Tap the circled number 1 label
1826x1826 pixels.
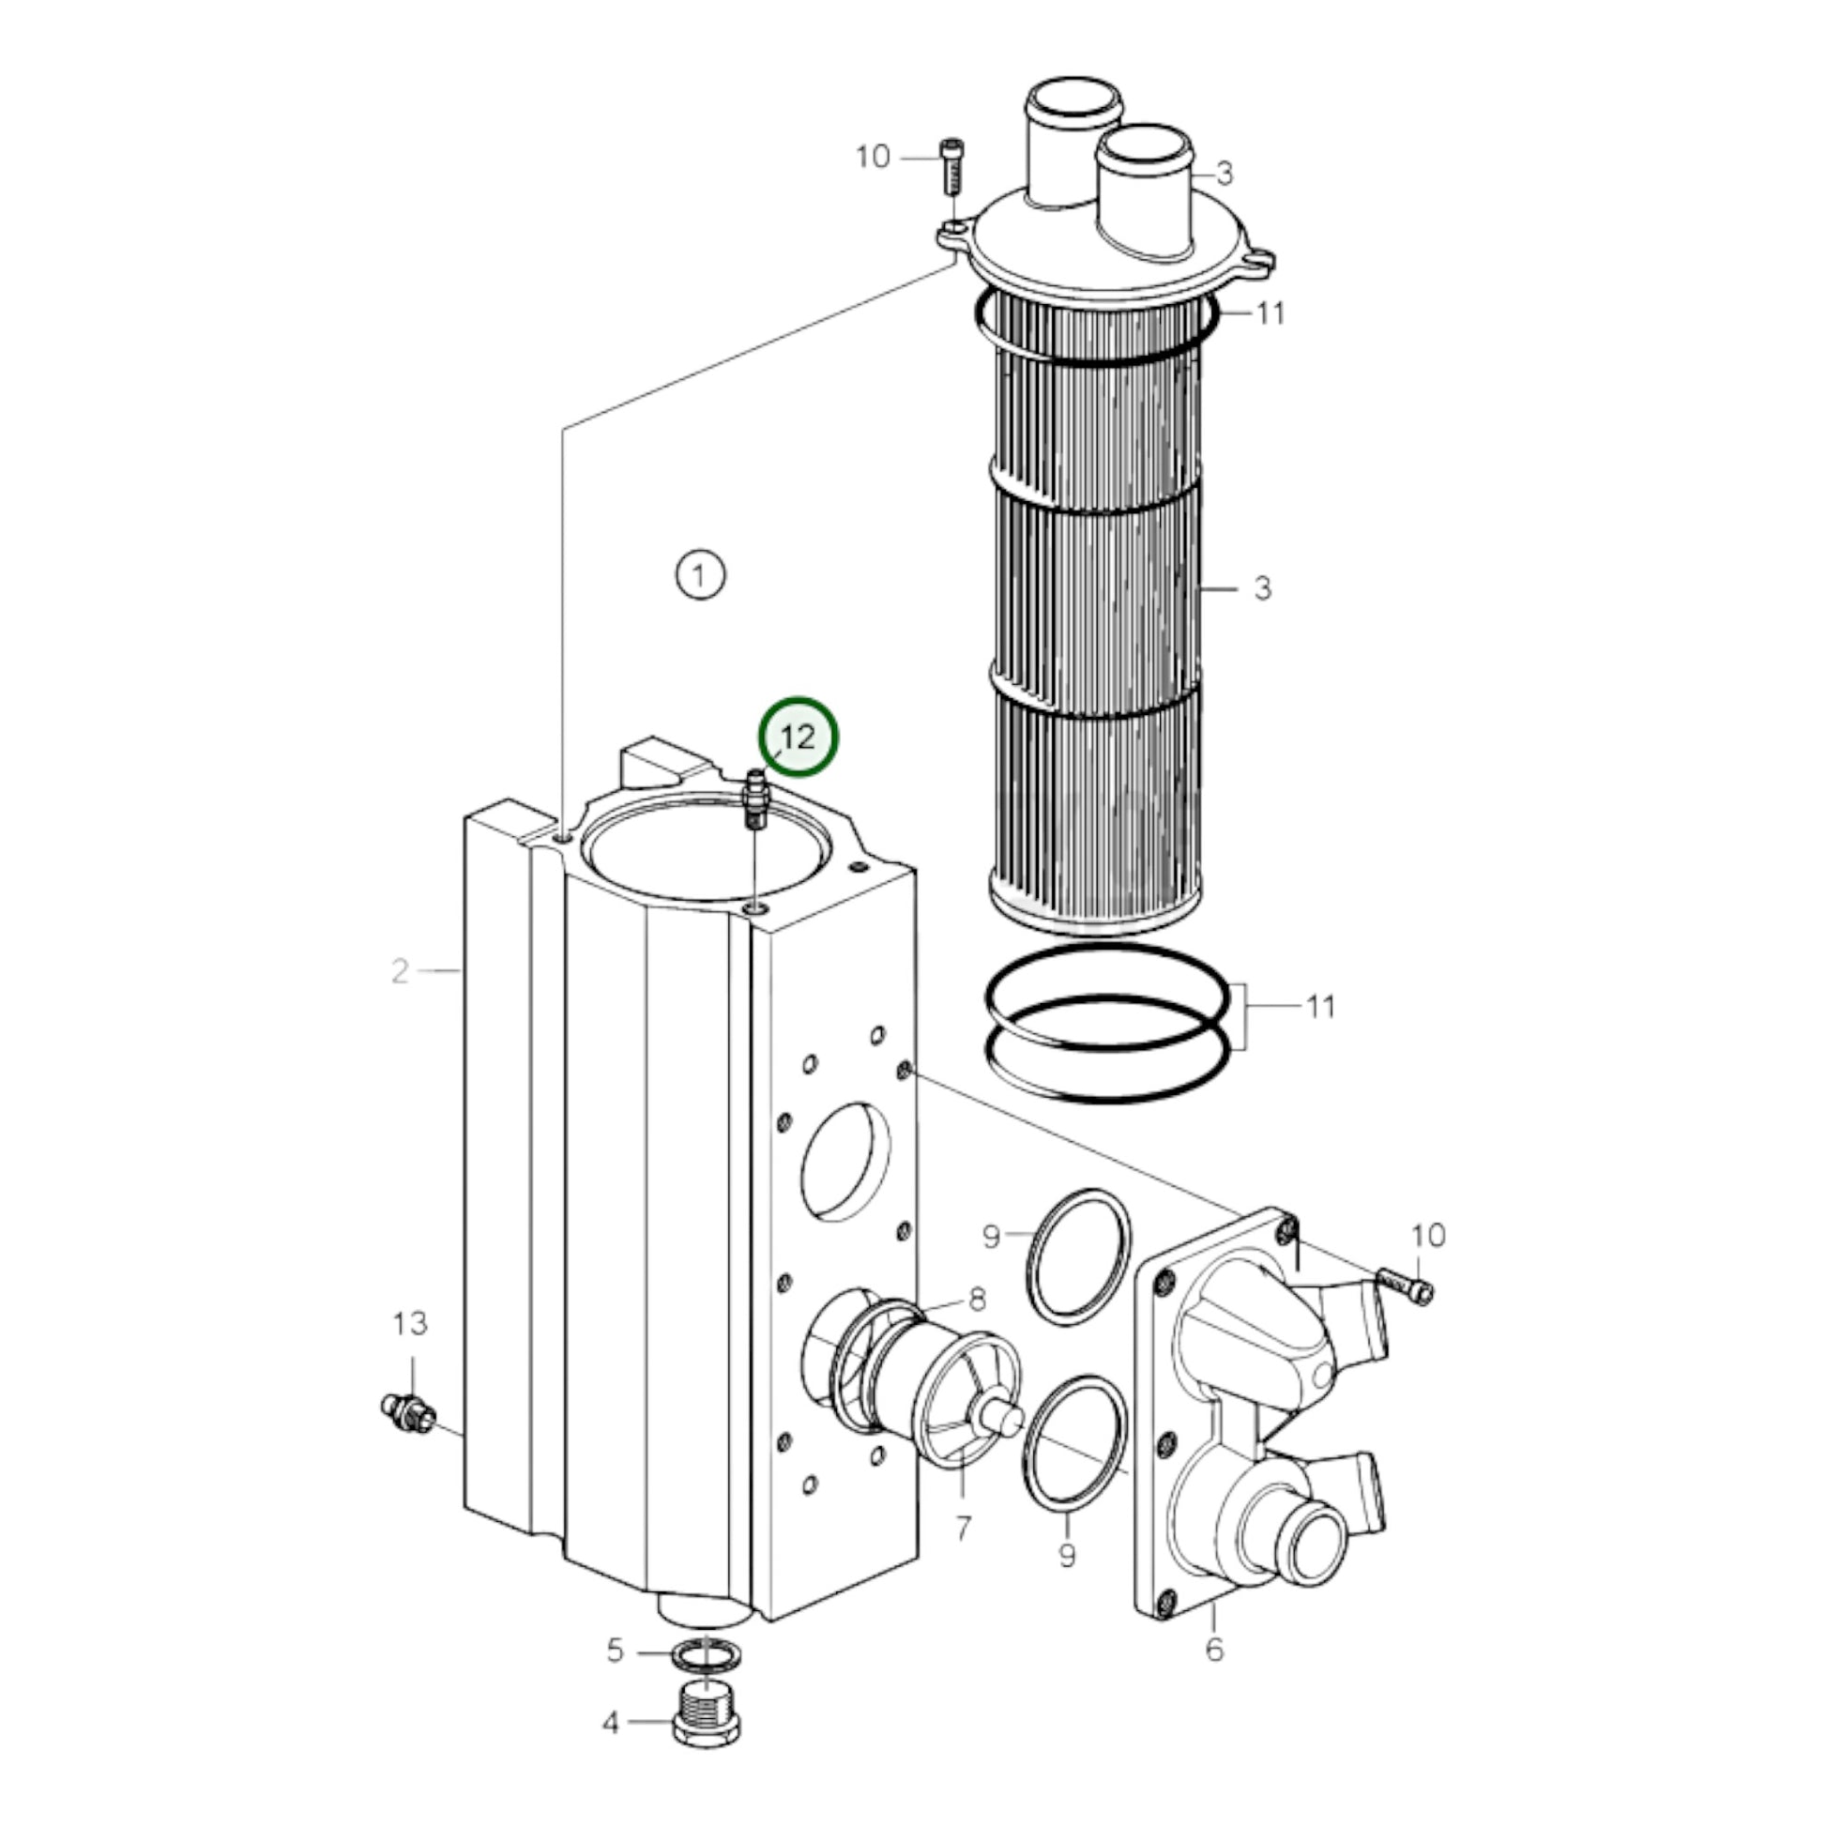(x=700, y=575)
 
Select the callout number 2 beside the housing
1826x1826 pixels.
(x=401, y=970)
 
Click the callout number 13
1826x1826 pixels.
(x=410, y=1324)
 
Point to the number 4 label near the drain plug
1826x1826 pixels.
(x=616, y=1651)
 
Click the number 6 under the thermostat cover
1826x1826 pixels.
(x=963, y=1529)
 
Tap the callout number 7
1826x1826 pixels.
(x=977, y=1300)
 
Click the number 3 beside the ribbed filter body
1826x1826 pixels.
(x=1263, y=588)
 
